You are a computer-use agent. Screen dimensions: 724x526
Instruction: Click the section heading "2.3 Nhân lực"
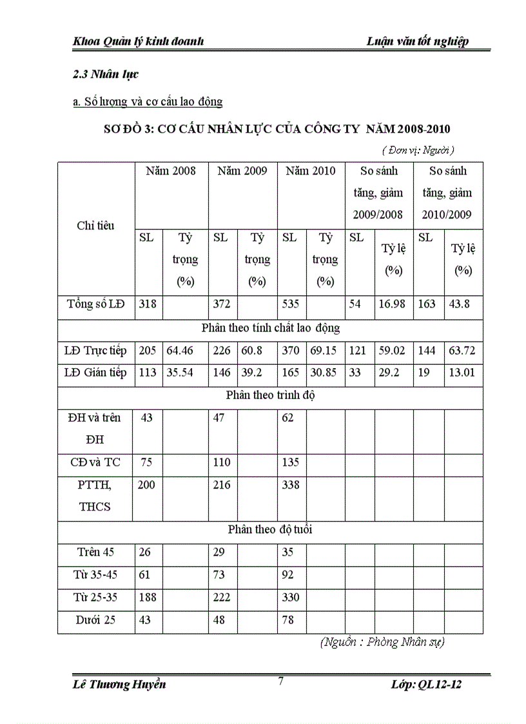(106, 74)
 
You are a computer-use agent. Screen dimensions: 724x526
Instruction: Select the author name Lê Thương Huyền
(119, 684)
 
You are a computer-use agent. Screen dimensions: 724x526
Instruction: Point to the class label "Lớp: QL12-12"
(426, 684)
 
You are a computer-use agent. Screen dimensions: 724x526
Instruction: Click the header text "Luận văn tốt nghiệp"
(417, 41)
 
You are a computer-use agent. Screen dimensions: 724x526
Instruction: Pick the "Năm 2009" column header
(242, 171)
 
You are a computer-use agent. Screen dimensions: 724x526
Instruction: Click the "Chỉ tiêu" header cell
(95, 226)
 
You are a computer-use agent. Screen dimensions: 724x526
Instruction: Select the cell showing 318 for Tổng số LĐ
(147, 304)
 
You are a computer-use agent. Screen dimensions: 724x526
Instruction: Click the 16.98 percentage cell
(392, 304)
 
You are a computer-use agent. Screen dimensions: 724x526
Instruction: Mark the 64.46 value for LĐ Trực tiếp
(180, 351)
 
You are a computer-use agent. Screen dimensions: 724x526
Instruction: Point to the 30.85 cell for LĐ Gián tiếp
(325, 373)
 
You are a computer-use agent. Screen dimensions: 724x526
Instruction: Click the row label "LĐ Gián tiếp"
(95, 373)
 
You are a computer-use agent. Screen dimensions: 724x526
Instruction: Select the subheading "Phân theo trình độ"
(270, 395)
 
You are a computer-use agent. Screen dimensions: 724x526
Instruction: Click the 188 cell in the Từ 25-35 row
(147, 597)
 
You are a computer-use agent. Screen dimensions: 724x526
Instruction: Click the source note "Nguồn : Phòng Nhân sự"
(382, 641)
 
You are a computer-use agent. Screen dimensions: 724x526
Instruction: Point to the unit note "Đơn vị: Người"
(418, 150)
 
